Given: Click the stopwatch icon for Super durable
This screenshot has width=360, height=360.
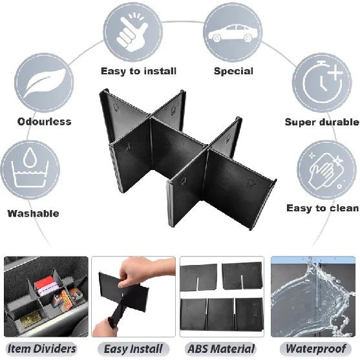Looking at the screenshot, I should (x=321, y=83).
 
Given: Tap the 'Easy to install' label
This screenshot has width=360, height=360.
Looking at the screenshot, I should (x=138, y=71).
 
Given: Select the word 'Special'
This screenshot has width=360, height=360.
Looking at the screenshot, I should (x=234, y=71).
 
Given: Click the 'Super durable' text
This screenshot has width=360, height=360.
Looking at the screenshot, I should (x=321, y=122).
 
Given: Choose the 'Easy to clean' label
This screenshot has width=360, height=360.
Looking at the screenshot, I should (x=323, y=208).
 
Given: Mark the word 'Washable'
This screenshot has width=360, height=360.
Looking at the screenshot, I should (x=33, y=213).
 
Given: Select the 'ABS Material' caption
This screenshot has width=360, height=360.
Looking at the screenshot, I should (x=222, y=349).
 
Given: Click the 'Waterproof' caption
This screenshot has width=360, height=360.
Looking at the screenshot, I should (x=312, y=349).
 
